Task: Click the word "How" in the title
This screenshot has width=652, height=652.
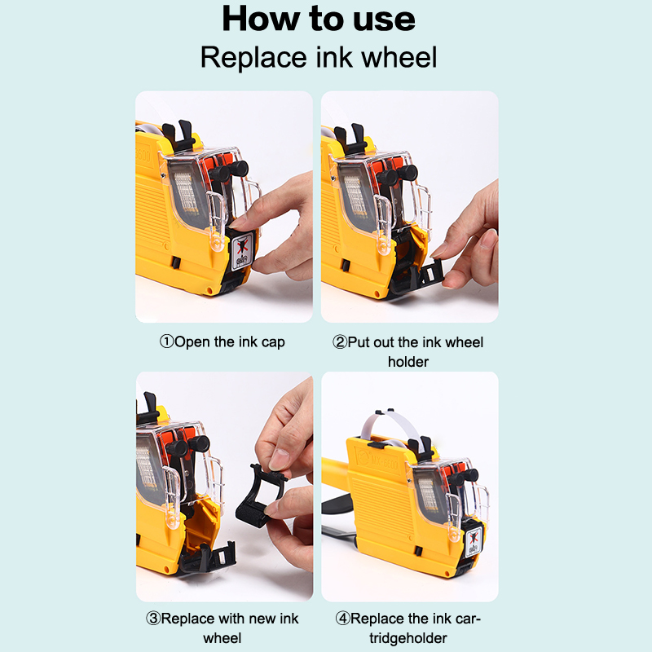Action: click(x=262, y=19)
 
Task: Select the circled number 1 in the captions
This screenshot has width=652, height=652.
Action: click(x=167, y=341)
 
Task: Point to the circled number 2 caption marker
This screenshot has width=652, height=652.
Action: click(x=340, y=342)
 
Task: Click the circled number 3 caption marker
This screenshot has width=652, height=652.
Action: click(x=153, y=619)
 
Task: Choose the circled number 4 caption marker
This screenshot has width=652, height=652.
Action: click(x=343, y=619)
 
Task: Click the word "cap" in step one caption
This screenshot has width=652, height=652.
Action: click(x=273, y=343)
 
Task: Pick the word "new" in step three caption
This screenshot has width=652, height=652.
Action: click(x=262, y=619)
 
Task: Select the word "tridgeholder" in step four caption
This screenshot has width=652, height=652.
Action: click(x=408, y=638)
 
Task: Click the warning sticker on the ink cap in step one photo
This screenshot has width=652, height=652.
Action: click(x=241, y=251)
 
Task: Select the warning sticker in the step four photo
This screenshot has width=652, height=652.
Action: click(x=474, y=540)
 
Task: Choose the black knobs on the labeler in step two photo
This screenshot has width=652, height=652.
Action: click(x=397, y=174)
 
